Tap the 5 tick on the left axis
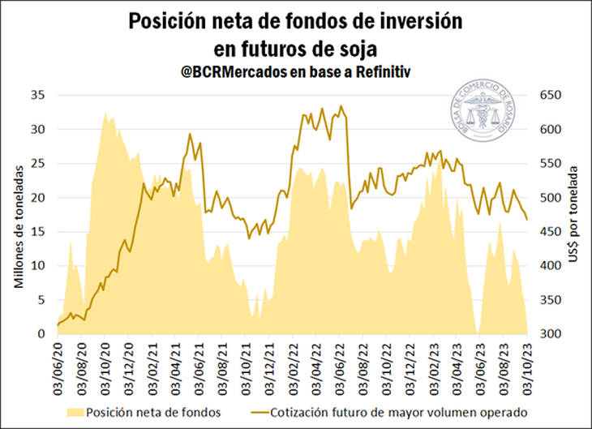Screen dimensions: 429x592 pos(40,299)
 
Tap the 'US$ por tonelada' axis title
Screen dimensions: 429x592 pos(577,214)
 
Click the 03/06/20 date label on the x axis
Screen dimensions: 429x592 pos(58,367)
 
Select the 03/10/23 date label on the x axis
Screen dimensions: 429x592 pos(528,367)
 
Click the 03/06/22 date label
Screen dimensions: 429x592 pos(340,367)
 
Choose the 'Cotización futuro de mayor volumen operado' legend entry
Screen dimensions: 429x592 pos(393,412)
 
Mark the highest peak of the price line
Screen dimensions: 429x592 pos(341,105)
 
